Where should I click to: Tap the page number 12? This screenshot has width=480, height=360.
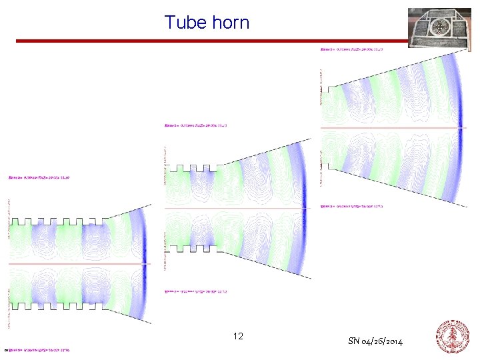238,336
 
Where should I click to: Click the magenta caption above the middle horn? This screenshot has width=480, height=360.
196,125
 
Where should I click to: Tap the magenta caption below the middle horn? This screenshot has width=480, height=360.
196,291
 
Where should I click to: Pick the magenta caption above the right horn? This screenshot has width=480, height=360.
353,49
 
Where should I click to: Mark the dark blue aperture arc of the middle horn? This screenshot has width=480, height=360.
302,208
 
